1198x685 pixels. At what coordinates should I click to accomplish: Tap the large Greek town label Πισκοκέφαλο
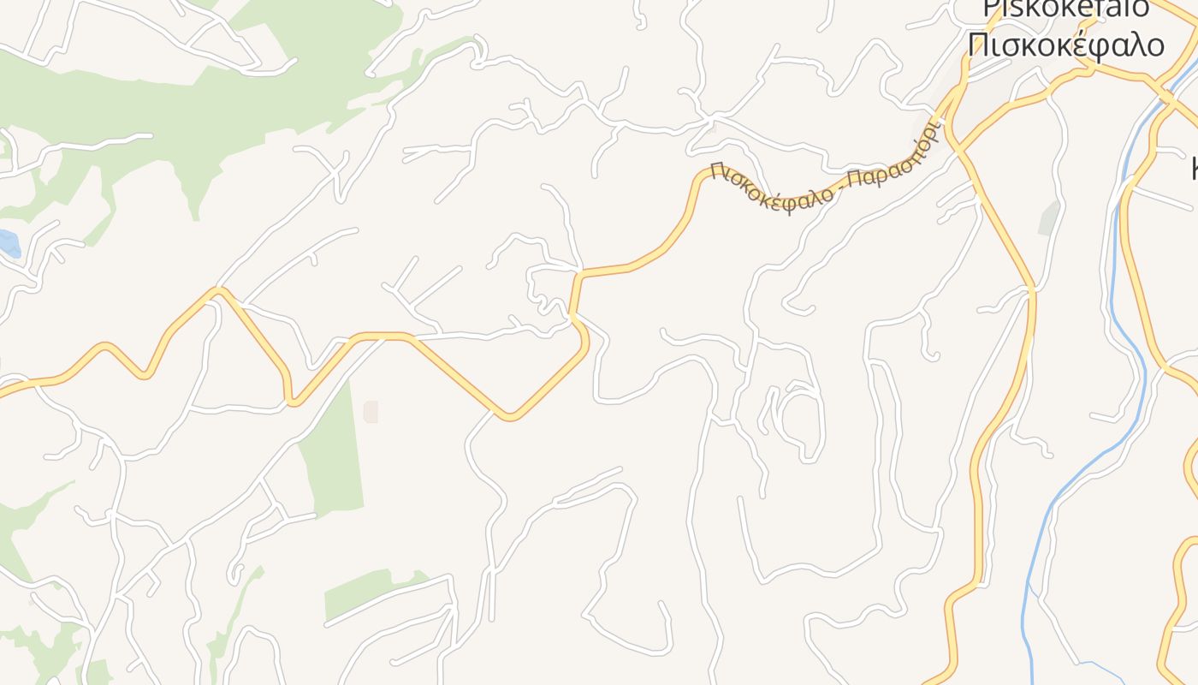point(1066,44)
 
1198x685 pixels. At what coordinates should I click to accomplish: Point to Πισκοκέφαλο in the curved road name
point(771,189)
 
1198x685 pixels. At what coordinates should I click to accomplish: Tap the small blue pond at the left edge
point(9,242)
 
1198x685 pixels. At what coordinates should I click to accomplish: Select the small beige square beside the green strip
point(371,412)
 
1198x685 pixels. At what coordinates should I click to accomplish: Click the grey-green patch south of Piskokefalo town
point(1049,218)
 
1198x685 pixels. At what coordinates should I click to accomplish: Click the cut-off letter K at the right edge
point(1194,167)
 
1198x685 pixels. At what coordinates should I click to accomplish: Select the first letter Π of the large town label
point(977,44)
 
